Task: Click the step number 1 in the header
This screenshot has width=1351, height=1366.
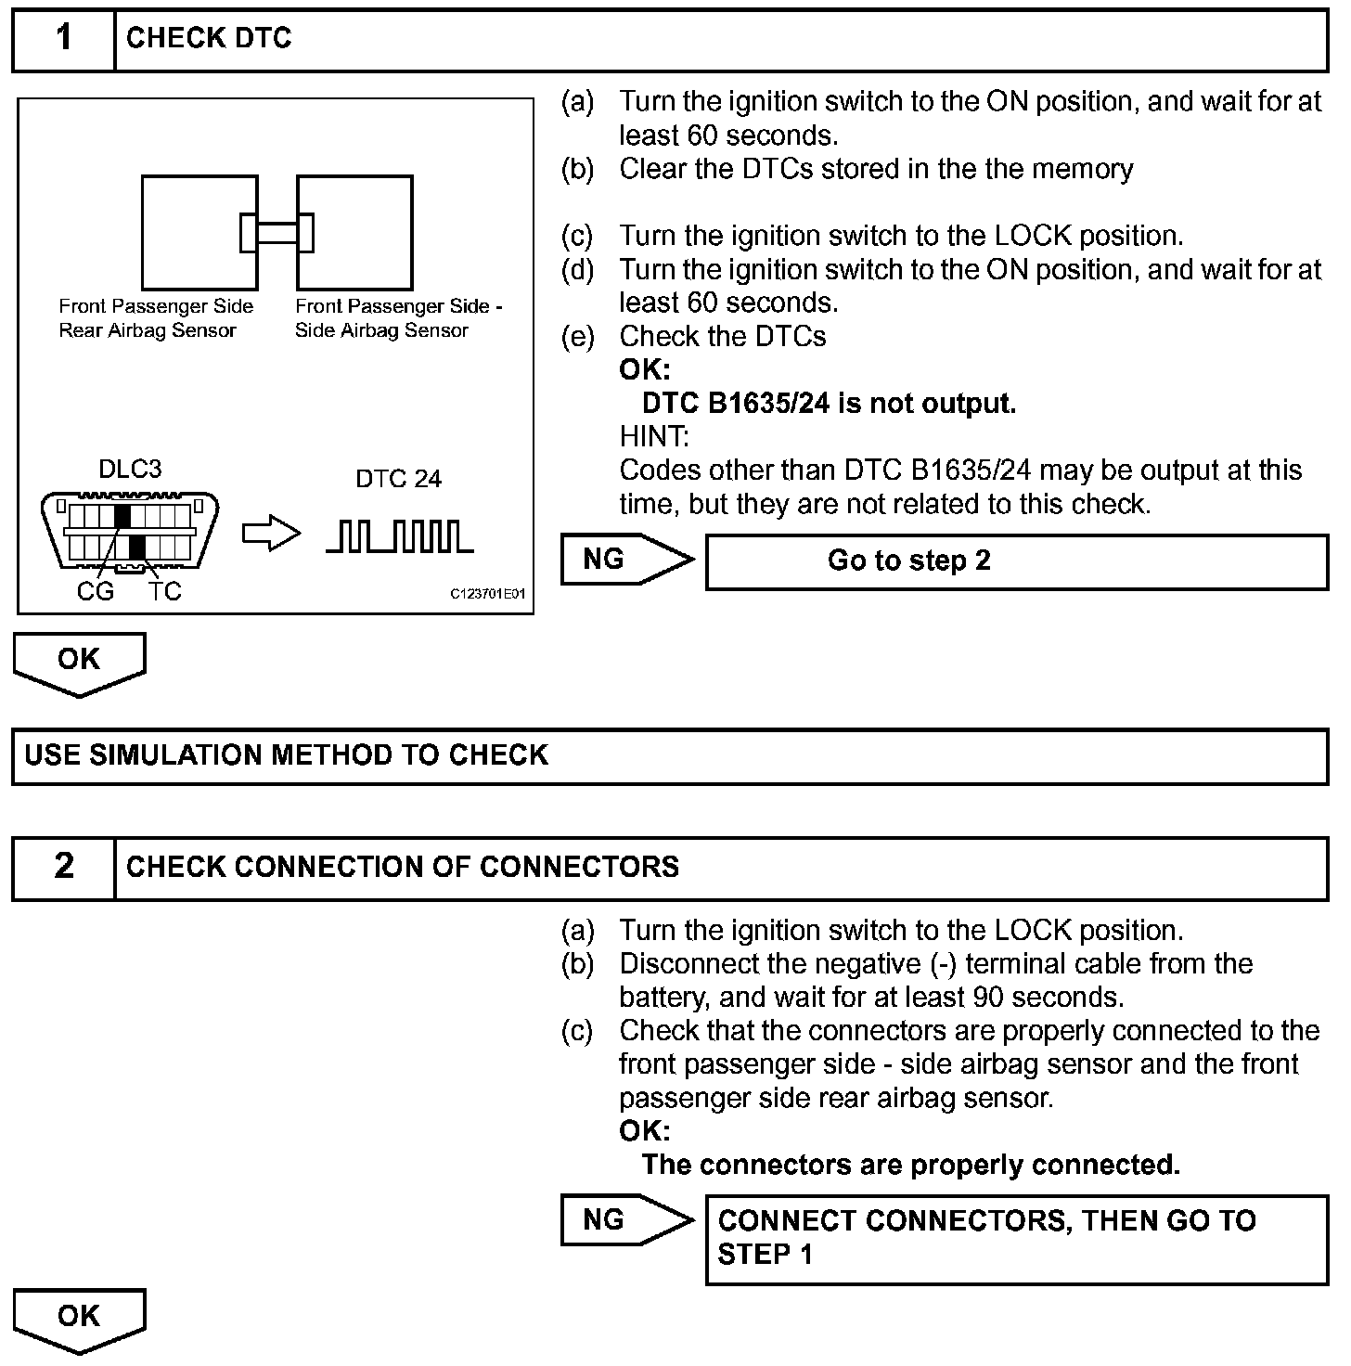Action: coord(63,39)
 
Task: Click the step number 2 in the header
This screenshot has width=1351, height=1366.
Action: coord(63,867)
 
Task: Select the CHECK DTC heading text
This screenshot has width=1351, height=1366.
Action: coord(209,39)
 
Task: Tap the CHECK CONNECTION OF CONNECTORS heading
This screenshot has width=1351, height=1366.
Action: coord(403,867)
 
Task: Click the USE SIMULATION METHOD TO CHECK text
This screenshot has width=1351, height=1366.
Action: coord(287,755)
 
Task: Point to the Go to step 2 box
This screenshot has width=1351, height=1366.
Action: coord(1016,561)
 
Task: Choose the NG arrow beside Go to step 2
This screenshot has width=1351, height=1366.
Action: coord(626,560)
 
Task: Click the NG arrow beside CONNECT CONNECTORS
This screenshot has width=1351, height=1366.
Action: coord(626,1220)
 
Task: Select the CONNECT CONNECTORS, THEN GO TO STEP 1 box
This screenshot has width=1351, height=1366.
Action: coord(1016,1238)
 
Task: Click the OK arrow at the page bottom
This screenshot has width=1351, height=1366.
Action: coord(79,1319)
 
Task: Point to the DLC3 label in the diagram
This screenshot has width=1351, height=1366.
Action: coord(130,470)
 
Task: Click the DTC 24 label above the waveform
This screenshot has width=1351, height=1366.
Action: coord(398,479)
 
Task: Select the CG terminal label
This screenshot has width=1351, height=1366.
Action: coord(95,591)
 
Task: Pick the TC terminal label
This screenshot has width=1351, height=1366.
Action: coord(164,591)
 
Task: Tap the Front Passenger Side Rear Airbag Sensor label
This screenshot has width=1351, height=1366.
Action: coord(155,318)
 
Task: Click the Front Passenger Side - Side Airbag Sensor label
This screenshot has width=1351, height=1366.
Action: coord(398,318)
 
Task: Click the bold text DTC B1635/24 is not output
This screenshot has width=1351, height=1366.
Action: coord(829,404)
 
